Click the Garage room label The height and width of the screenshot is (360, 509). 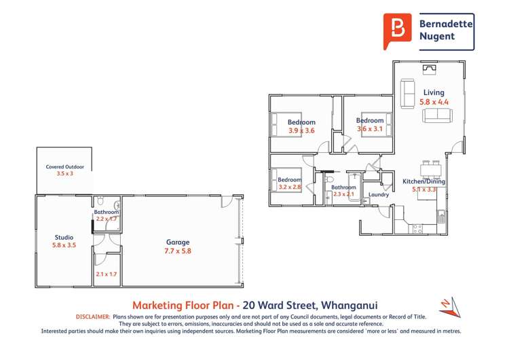point(178,242)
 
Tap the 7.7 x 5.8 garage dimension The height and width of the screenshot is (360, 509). point(178,251)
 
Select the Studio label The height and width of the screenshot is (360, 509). point(64,237)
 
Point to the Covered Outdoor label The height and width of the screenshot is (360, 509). point(64,166)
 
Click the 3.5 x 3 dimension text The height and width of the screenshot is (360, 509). point(64,174)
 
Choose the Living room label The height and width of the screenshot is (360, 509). point(434,92)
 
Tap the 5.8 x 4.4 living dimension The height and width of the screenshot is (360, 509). point(434,102)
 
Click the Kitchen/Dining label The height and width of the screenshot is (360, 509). point(423,181)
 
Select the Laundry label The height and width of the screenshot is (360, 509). point(378,195)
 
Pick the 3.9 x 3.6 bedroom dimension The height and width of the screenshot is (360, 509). point(301,130)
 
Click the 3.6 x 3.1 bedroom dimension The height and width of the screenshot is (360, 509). point(370,129)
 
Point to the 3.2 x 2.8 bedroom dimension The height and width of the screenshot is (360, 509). point(290,187)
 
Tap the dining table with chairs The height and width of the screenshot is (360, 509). point(430,168)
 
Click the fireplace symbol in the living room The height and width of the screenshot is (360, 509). point(430,68)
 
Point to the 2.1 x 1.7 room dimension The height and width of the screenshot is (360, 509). point(107,274)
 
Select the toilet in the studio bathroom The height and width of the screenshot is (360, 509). point(100,201)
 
